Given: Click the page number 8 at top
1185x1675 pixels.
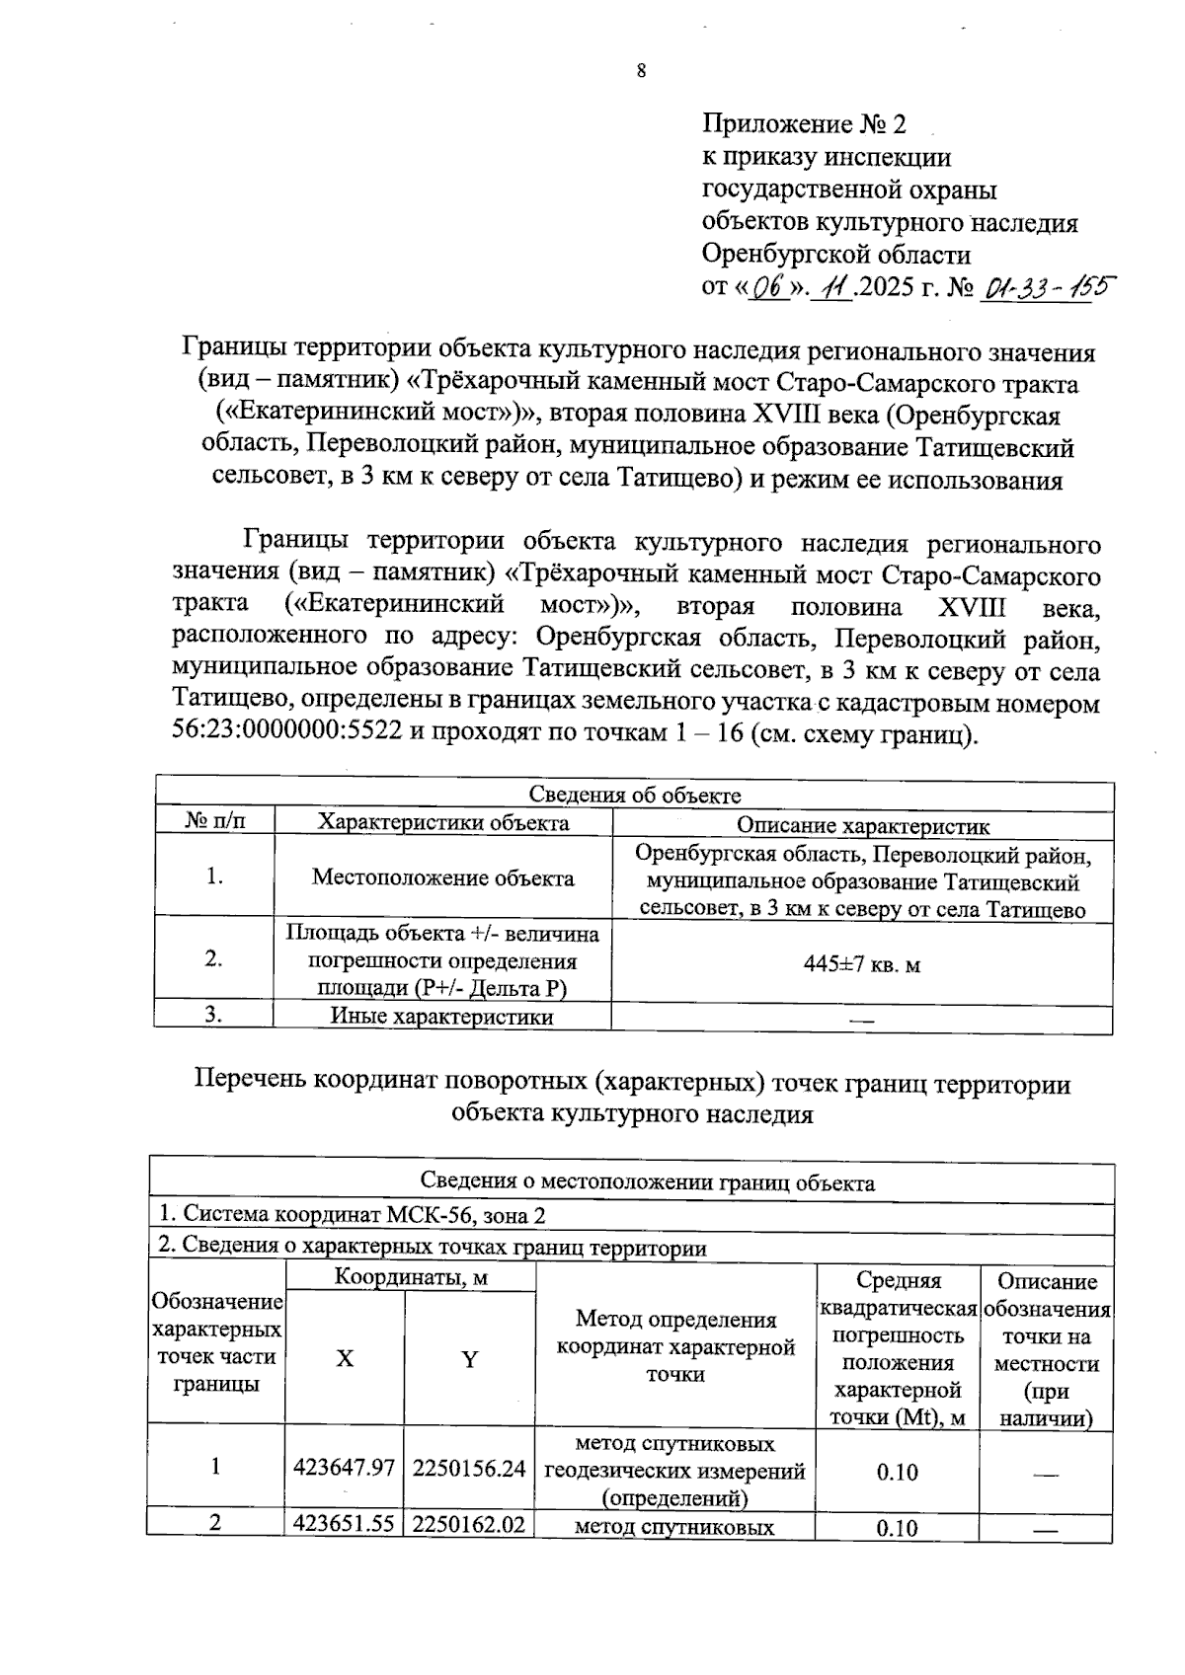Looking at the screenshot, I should (641, 70).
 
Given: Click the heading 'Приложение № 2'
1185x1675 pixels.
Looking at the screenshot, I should (803, 124).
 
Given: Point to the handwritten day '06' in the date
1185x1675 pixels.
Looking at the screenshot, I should (766, 288).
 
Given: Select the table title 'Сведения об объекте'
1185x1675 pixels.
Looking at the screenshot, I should (634, 796).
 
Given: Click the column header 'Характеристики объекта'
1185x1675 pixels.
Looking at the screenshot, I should (442, 822).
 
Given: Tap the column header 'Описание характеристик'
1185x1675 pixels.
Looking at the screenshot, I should (863, 826).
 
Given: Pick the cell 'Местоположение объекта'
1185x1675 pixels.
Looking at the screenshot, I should (442, 877).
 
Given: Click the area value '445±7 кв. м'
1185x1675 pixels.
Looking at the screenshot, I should (862, 964).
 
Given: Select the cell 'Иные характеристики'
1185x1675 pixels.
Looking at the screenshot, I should (441, 1017).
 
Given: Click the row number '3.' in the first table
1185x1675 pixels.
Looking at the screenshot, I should (213, 1016).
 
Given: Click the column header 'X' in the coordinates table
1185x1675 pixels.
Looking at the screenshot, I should (344, 1359).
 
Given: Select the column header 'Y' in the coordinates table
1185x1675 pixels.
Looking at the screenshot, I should (470, 1360).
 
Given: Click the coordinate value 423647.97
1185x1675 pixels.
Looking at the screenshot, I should (344, 1468).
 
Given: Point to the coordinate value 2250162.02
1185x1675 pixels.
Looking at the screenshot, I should (469, 1524).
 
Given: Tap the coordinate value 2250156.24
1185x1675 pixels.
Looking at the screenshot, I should (469, 1468).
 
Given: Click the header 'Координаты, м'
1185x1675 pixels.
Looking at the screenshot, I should (411, 1277).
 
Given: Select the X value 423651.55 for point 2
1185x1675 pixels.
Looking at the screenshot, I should (344, 1524).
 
